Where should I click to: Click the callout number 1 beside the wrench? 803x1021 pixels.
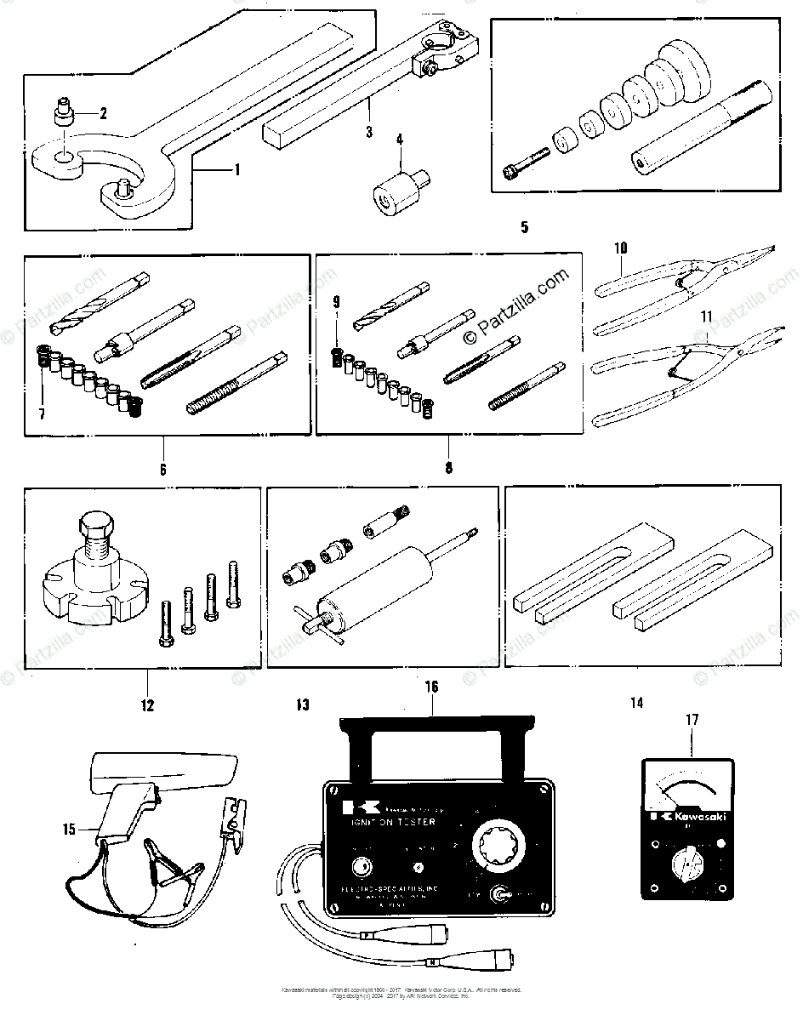coord(237,169)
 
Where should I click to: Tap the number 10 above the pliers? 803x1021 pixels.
coord(620,248)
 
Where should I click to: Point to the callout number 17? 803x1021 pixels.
coord(692,720)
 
